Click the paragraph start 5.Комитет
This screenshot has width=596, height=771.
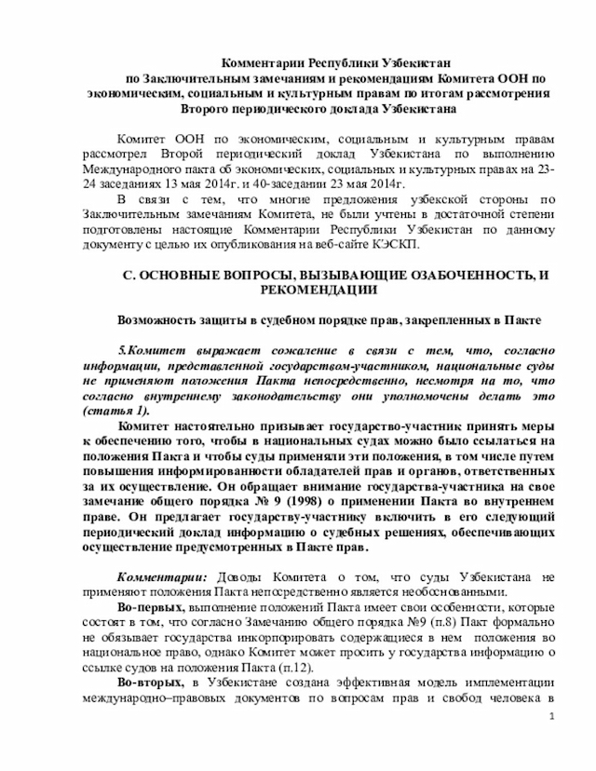[147, 350]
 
